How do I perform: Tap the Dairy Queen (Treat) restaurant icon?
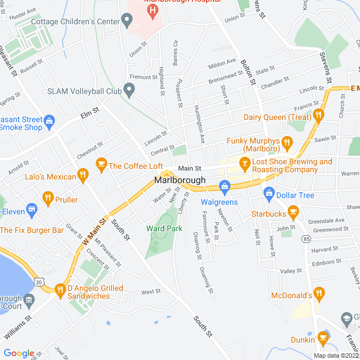[x=318, y=115]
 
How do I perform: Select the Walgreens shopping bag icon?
[x=224, y=186]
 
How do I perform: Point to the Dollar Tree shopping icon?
[x=269, y=193]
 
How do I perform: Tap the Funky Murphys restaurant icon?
[x=286, y=142]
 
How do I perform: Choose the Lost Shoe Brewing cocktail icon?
[x=244, y=164]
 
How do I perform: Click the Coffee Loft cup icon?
[x=101, y=164]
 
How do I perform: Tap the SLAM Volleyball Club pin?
[x=129, y=89]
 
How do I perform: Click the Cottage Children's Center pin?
[x=127, y=22]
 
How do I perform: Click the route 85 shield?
[x=306, y=238]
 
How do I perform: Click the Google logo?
[x=19, y=353]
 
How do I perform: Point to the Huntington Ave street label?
[x=198, y=123]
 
